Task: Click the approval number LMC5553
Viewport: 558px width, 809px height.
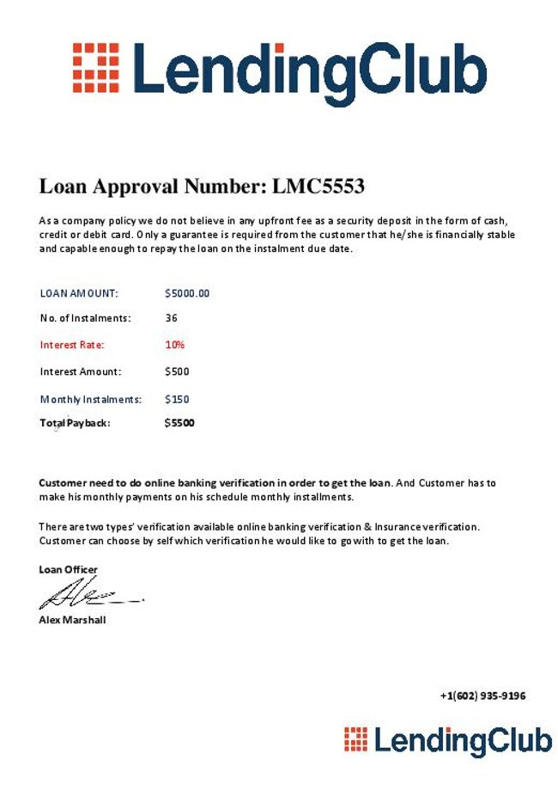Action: pyautogui.click(x=318, y=186)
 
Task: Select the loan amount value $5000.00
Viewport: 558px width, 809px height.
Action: pyautogui.click(x=187, y=293)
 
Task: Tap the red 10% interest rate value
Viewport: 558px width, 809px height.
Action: pyautogui.click(x=175, y=345)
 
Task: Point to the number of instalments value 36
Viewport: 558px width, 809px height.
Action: pyautogui.click(x=171, y=318)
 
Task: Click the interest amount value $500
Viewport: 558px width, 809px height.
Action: pyautogui.click(x=177, y=371)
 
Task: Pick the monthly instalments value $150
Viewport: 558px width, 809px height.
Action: pyautogui.click(x=177, y=399)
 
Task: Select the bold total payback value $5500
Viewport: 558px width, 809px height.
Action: pyautogui.click(x=179, y=423)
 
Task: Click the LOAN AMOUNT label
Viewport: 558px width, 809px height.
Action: pyautogui.click(x=79, y=293)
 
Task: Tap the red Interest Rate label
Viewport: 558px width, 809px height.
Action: pyautogui.click(x=72, y=345)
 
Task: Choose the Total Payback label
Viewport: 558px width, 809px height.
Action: pyautogui.click(x=76, y=423)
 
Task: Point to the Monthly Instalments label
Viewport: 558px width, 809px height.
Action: pyautogui.click(x=90, y=399)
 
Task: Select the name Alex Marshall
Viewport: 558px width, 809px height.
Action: pyautogui.click(x=72, y=620)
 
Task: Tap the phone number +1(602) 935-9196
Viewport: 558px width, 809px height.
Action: pyautogui.click(x=482, y=696)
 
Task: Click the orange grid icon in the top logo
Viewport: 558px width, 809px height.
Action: pyautogui.click(x=95, y=67)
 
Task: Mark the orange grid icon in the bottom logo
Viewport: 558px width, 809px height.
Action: pyautogui.click(x=355, y=739)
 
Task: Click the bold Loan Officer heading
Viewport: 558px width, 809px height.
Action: pyautogui.click(x=68, y=569)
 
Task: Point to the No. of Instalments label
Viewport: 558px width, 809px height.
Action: pyautogui.click(x=85, y=318)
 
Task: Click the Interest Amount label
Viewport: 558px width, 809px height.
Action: pyautogui.click(x=81, y=371)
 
